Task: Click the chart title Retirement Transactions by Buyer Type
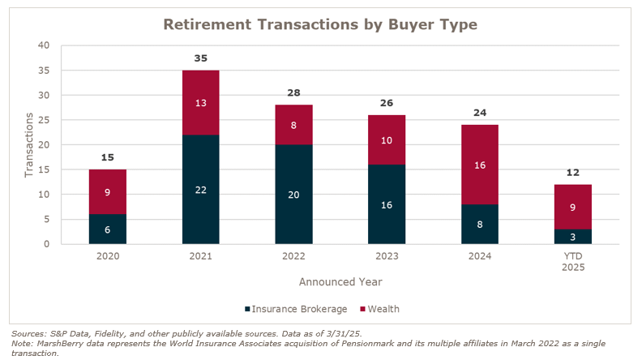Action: (x=320, y=24)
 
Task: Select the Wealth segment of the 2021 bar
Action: (x=200, y=103)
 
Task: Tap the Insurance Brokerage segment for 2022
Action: (x=293, y=194)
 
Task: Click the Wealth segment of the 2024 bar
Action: (x=479, y=165)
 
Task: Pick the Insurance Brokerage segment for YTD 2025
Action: (x=572, y=236)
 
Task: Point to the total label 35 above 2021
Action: (x=200, y=58)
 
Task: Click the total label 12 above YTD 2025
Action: (x=572, y=173)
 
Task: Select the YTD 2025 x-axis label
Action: (x=572, y=263)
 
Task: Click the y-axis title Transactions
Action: (x=30, y=144)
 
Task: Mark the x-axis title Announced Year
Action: (x=340, y=282)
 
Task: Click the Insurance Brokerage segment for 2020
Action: (x=108, y=229)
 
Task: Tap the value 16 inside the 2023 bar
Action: (x=387, y=204)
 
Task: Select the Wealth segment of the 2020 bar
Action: (x=108, y=192)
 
